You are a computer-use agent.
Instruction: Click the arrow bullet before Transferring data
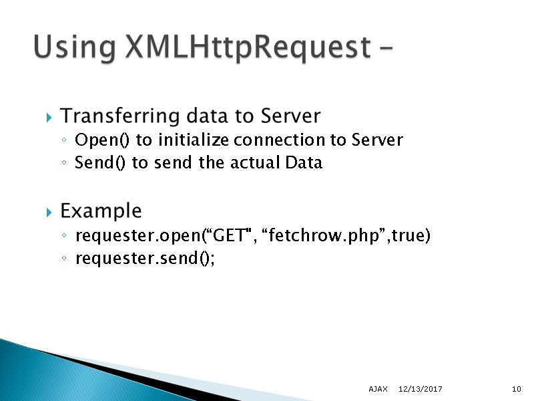pyautogui.click(x=49, y=118)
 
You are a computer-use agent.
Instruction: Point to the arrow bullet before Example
pyautogui.click(x=49, y=213)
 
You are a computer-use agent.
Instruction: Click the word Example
pyautogui.click(x=101, y=212)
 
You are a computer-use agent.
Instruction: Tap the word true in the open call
pyautogui.click(x=407, y=236)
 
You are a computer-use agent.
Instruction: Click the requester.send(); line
pyautogui.click(x=145, y=259)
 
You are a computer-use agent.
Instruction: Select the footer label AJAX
pyautogui.click(x=378, y=389)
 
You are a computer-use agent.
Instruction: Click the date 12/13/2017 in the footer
pyautogui.click(x=421, y=389)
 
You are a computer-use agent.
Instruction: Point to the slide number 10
pyautogui.click(x=516, y=389)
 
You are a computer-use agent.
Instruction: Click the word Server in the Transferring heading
pyautogui.click(x=290, y=116)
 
